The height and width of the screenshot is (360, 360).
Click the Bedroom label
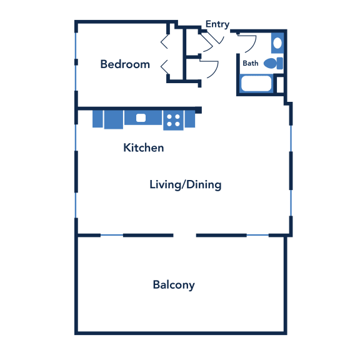pyautogui.click(x=125, y=64)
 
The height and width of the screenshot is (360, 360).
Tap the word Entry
pyautogui.click(x=217, y=24)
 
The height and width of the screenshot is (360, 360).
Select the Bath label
pyautogui.click(x=251, y=63)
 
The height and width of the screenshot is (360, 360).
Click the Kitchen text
pyautogui.click(x=144, y=147)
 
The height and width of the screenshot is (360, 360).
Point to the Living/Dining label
pyautogui.click(x=186, y=185)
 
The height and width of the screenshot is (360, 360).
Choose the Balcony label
pyautogui.click(x=174, y=285)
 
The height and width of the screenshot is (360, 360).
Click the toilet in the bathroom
pyautogui.click(x=273, y=63)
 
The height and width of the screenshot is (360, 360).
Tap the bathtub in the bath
pyautogui.click(x=256, y=83)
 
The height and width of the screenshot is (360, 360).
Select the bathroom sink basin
pyautogui.click(x=277, y=43)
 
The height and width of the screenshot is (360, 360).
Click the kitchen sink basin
pyautogui.click(x=141, y=117)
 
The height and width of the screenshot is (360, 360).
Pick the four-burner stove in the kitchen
pyautogui.click(x=173, y=120)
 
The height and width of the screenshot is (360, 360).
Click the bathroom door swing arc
pyautogui.click(x=249, y=44)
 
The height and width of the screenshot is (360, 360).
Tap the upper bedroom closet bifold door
pyautogui.click(x=164, y=41)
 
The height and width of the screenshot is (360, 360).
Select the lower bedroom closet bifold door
pyautogui.click(x=164, y=67)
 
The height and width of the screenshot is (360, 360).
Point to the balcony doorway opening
pyautogui.click(x=184, y=235)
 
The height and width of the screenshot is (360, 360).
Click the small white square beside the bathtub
pyautogui.click(x=280, y=84)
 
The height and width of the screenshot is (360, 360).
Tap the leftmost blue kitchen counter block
pyautogui.click(x=97, y=119)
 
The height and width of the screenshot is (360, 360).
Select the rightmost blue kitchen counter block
pyautogui.click(x=190, y=119)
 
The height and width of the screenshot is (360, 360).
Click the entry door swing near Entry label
pyautogui.click(x=214, y=39)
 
